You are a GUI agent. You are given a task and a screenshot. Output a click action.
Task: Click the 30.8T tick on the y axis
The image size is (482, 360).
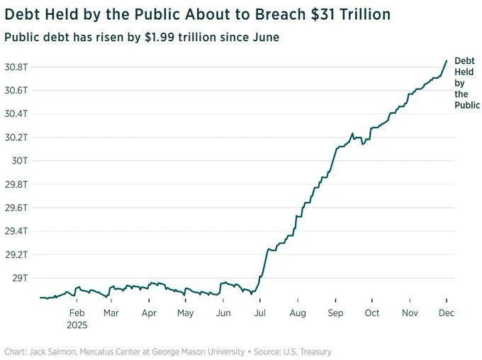click(x=16, y=67)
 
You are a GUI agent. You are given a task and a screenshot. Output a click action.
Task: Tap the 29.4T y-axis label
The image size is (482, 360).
click(x=16, y=231)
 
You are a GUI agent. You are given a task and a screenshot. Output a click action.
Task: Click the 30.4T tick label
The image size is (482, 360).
click(x=16, y=113)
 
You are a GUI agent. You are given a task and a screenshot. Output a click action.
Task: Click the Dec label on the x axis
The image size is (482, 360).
click(x=446, y=312)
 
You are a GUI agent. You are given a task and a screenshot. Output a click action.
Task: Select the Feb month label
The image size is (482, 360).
click(x=77, y=312)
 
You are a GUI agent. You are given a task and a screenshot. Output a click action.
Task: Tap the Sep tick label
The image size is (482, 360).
click(x=335, y=312)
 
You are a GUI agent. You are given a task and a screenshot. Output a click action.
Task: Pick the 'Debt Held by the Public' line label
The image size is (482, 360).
click(x=466, y=83)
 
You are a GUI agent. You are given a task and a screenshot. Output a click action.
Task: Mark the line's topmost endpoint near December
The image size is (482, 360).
click(x=447, y=60)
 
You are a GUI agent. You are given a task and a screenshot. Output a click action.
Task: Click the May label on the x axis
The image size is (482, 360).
click(x=185, y=312)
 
